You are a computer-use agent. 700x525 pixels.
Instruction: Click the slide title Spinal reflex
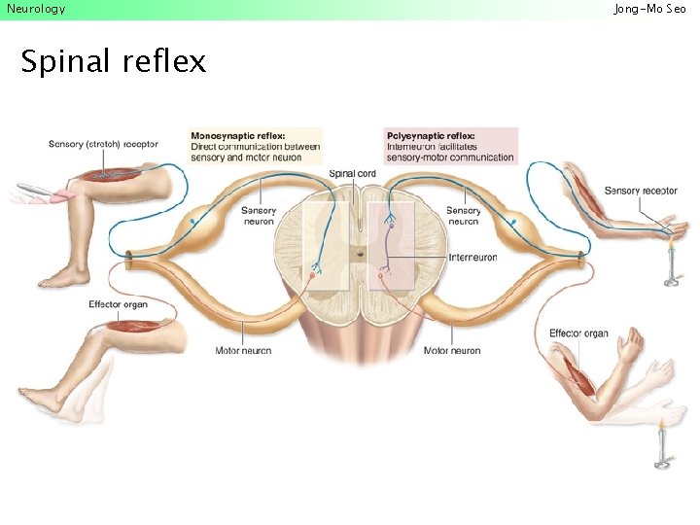coord(113,61)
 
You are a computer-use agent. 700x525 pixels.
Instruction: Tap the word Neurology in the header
coord(36,9)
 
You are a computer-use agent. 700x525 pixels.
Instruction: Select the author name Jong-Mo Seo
coord(649,9)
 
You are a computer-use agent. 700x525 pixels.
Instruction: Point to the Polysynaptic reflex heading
coord(431,136)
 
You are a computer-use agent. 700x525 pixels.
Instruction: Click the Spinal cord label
coord(352,174)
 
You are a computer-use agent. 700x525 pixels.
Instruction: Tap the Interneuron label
coord(472,258)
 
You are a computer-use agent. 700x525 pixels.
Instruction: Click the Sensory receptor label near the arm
coord(641,191)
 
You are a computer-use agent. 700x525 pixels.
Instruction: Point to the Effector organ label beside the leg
coord(119,304)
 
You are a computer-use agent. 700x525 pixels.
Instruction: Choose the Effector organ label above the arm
coord(578,333)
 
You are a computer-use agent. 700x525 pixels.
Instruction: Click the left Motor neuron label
coord(243,350)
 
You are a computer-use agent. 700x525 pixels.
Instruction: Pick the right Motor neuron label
coord(452,350)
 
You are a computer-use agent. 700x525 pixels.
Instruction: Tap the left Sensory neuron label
coord(259,216)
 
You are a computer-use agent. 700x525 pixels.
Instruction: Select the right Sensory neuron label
coord(463,216)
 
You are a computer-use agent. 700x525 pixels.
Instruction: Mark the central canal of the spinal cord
coord(359,255)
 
